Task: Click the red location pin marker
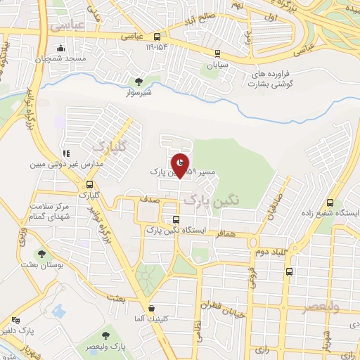tap(181, 165)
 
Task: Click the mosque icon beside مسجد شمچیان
tap(61, 48)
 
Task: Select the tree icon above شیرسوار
tap(139, 82)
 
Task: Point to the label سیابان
tap(218, 65)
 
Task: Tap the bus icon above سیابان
tap(218, 53)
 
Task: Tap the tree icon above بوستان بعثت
tap(42, 254)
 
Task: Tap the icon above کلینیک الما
tap(151, 308)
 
